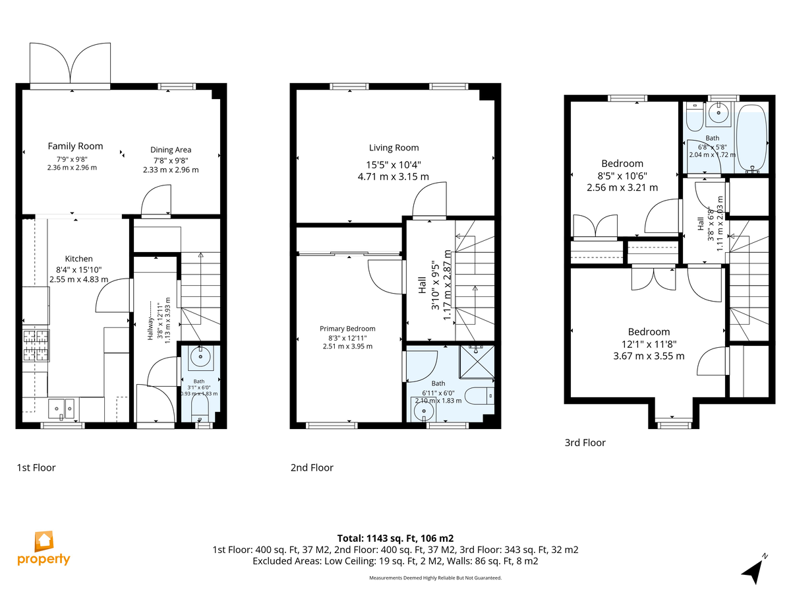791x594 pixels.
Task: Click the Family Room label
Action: (75, 146)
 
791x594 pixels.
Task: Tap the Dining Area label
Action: (171, 150)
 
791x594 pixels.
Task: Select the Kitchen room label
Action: (78, 259)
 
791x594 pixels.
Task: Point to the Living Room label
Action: (394, 147)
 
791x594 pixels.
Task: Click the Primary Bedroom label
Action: (347, 329)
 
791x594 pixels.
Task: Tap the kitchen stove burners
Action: (36, 345)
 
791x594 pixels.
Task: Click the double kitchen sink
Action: (61, 409)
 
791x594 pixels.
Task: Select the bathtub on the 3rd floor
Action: (751, 137)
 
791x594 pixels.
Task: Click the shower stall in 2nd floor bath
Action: (477, 362)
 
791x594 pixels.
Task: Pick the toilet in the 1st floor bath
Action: (199, 409)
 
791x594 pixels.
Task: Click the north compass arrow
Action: (753, 570)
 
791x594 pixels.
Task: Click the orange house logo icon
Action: (44, 541)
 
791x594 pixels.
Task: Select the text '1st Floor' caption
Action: (36, 468)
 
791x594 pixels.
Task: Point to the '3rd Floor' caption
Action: (585, 442)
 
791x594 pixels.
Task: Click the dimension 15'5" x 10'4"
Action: (394, 165)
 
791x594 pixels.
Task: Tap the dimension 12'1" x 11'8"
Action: (649, 344)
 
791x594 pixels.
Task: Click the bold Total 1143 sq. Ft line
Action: (395, 539)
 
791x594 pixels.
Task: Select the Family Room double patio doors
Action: (70, 65)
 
